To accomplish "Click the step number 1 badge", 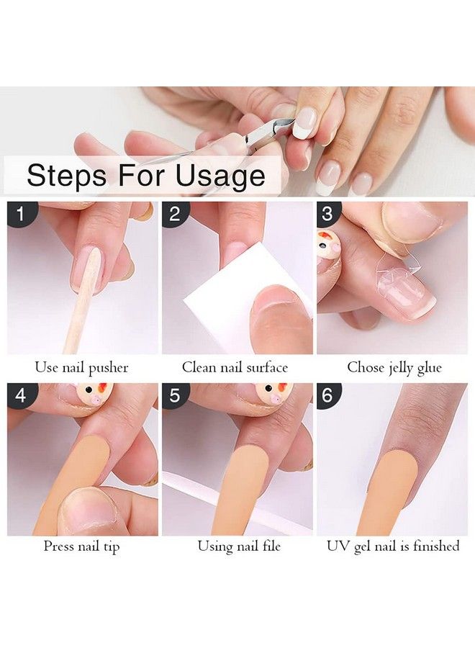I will coord(19,214).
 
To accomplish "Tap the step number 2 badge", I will coord(175,214).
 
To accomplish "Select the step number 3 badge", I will coord(329,214).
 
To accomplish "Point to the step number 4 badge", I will coord(19,395).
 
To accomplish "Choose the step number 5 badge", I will coord(175,395).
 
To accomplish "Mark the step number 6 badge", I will coord(329,395).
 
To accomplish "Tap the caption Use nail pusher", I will coord(81,367).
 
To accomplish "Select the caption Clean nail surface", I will coord(235,367).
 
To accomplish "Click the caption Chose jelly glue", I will coord(394,367).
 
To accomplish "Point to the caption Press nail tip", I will coord(81,546).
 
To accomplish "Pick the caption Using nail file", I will coord(239,546).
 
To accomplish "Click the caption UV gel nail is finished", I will coord(393,546).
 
